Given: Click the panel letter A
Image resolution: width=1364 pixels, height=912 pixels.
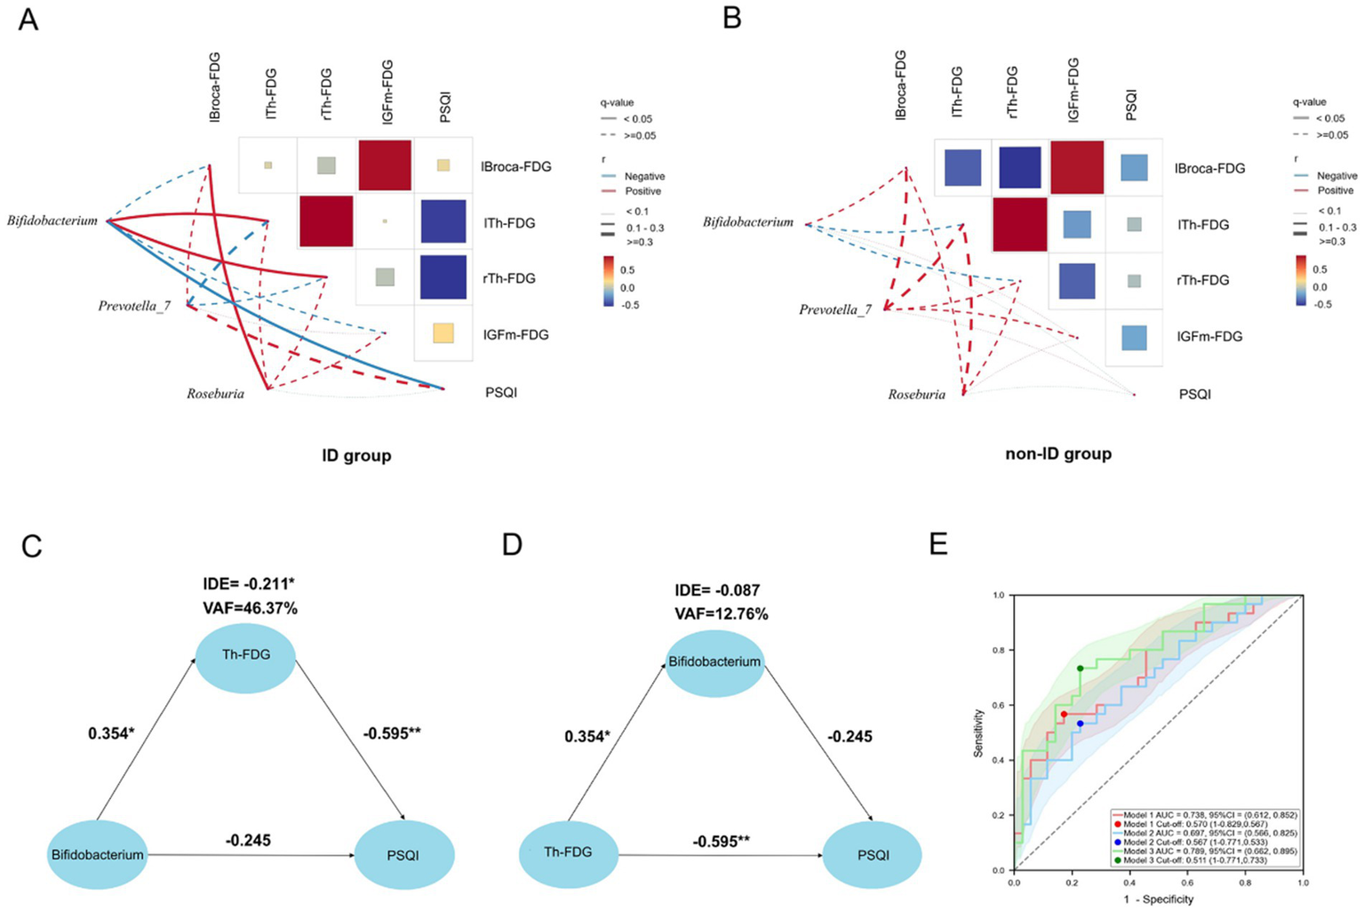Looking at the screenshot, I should coord(28,20).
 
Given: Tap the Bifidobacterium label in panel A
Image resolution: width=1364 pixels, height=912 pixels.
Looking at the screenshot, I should coord(52,220).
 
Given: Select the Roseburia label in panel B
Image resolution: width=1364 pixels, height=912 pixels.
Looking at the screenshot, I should coord(916,394).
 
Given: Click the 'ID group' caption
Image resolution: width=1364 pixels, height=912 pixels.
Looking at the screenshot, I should coord(356,456).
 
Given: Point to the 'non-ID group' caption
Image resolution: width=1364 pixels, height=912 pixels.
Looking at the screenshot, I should coord(1058,454).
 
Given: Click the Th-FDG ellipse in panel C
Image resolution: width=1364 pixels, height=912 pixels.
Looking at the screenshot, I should coord(246,655).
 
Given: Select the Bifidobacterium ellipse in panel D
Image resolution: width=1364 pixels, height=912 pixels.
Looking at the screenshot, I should coord(714,662).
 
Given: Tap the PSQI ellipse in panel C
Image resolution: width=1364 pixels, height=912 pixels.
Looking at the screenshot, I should coord(404,855).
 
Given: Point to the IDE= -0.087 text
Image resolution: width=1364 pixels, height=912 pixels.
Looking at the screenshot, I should coord(717,590).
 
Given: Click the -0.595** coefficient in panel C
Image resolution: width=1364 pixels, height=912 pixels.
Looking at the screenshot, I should coord(392,733).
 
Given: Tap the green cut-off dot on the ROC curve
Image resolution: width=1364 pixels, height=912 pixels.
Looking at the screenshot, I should coord(1079,668).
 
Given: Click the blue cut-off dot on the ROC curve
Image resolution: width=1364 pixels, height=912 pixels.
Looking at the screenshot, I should coord(1080,724).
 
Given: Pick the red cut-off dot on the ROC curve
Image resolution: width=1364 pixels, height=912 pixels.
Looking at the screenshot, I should coord(1064,714).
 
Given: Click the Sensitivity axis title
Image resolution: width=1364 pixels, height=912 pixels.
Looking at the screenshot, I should coord(979,732).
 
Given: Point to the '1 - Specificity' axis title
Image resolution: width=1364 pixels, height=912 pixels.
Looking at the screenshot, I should coord(1158,900).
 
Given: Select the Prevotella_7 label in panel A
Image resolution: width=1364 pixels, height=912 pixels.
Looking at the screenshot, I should coord(134,306).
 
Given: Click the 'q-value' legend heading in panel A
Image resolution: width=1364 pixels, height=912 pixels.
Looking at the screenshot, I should coord(617,103).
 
